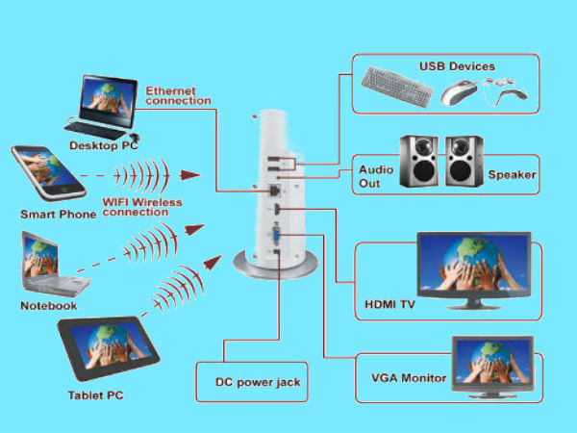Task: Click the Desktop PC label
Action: point(103,145)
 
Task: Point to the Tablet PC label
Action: point(96,395)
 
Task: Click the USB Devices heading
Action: point(457,66)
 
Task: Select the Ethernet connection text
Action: point(178,94)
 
